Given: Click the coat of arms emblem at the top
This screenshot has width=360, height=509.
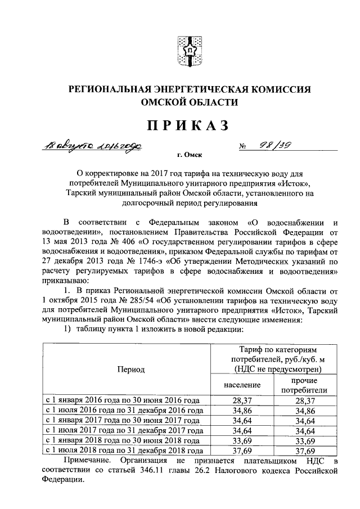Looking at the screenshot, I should tap(189, 49).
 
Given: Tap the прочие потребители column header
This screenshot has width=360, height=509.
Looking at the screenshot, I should tap(304, 385).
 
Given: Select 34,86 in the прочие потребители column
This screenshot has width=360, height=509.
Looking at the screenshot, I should tap(304, 411).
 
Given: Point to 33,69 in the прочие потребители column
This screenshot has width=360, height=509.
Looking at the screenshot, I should tap(304, 440).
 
